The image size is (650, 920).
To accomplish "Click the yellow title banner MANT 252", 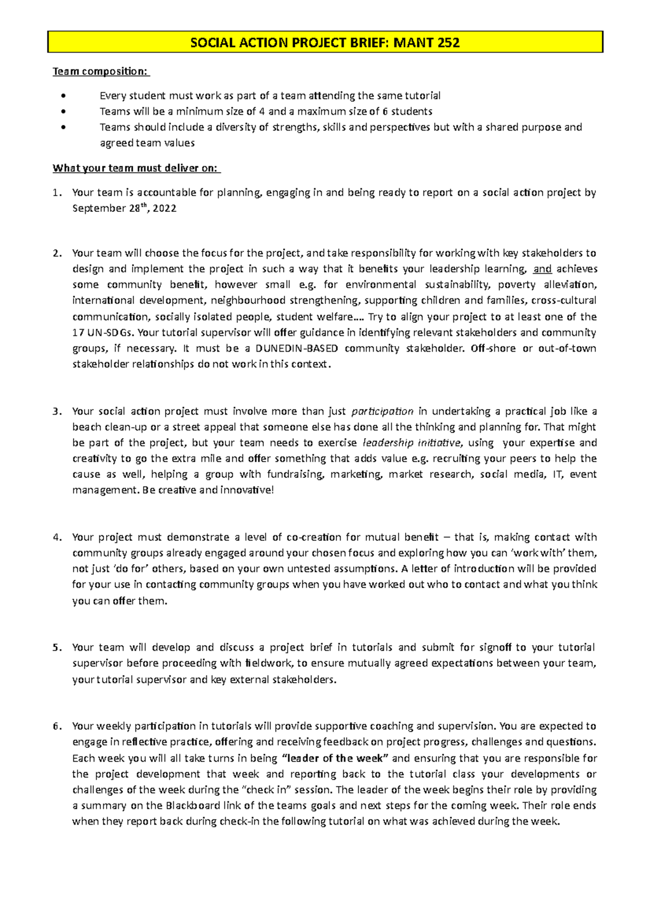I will [325, 42].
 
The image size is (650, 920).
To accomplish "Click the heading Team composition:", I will [100, 71].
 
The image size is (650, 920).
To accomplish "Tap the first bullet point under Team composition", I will [64, 96].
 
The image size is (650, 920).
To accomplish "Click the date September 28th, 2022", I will [124, 209].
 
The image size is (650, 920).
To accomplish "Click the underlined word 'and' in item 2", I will [542, 269].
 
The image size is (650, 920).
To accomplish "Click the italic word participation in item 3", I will [382, 411].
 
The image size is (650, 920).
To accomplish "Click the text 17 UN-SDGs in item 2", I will [103, 333].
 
